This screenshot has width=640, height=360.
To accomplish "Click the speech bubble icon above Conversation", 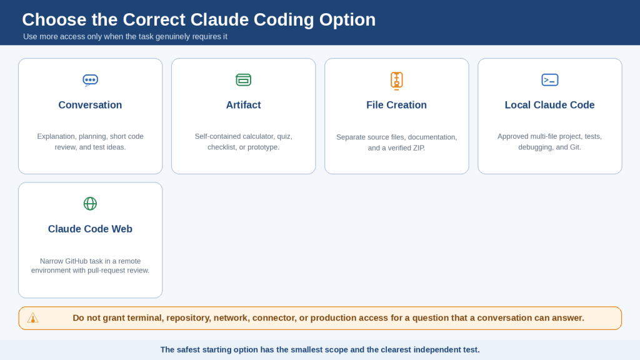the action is click(x=90, y=80).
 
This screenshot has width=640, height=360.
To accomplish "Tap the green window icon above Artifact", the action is click(x=244, y=80).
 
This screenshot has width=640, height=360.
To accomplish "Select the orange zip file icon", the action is click(x=396, y=81).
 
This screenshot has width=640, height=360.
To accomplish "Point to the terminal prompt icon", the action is click(x=550, y=80).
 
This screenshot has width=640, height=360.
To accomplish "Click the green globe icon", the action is click(x=90, y=203).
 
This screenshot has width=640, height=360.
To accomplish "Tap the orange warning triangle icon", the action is click(x=32, y=318).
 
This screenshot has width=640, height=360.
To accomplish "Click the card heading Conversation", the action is click(x=90, y=105).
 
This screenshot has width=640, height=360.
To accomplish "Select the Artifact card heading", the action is click(x=244, y=105).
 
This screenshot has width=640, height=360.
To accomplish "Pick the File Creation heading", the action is click(x=396, y=105).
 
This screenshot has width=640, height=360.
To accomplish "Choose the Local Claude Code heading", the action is click(x=550, y=105).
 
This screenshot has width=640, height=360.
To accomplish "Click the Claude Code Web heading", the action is click(x=90, y=229).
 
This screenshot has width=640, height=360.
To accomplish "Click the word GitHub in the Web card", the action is click(x=78, y=261).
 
